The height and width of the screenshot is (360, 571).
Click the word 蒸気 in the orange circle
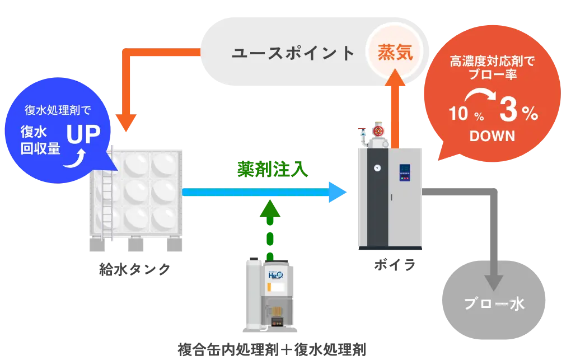click(395, 53)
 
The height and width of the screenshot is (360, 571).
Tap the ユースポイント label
click(293, 53)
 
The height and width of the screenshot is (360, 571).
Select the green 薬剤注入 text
click(272, 169)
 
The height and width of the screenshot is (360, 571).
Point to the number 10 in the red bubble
click(457, 115)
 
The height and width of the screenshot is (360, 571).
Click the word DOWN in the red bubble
click(492, 137)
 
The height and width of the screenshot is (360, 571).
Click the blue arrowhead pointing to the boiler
click(338, 192)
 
